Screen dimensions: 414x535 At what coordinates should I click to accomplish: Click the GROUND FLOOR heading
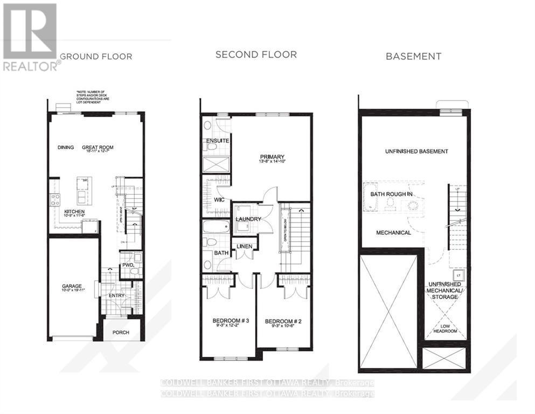(x=96, y=56)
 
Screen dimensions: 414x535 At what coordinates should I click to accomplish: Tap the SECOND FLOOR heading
(x=256, y=55)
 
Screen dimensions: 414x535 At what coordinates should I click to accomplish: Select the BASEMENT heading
(x=413, y=56)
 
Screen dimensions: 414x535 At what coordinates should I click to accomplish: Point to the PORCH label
(x=121, y=332)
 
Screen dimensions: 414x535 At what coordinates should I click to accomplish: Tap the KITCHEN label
(x=74, y=212)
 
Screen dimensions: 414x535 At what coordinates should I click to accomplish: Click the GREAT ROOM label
(x=98, y=147)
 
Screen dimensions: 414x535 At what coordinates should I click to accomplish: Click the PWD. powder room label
(x=128, y=265)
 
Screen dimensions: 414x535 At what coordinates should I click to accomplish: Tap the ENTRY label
(x=116, y=295)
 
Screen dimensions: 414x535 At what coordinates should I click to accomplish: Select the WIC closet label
(x=218, y=199)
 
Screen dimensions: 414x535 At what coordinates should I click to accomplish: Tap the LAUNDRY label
(x=248, y=219)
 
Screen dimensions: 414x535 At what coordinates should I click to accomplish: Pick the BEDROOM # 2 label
(x=283, y=321)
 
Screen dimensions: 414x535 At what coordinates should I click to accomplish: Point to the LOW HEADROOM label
(x=445, y=328)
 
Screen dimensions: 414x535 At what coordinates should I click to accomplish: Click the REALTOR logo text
(x=31, y=66)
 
